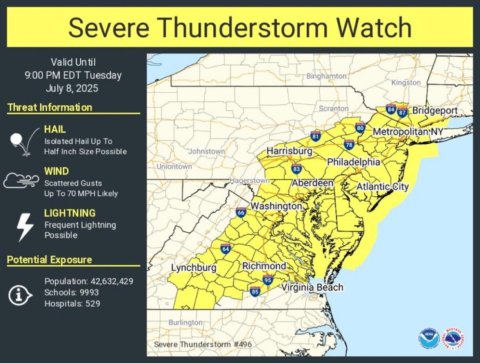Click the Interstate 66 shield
point(241,213)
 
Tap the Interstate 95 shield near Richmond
point(268,279)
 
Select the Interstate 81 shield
point(316,136)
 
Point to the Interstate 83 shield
point(296,169)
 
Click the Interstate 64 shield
point(225,249)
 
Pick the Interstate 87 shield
point(402,112)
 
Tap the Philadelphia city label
point(353,162)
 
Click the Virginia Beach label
point(312,287)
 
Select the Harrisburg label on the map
point(289,151)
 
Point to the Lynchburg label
point(194,267)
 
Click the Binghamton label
point(326,76)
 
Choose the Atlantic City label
point(382,187)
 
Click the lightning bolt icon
point(25,227)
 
